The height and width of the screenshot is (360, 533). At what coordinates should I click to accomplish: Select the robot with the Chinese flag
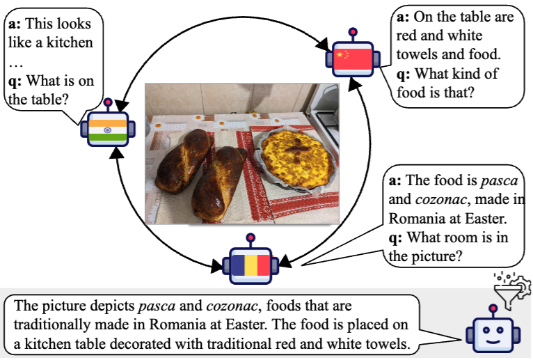coord(352,59)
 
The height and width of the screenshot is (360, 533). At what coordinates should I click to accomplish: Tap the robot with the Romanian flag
coord(249,264)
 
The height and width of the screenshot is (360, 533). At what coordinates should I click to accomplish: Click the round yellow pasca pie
coord(294,159)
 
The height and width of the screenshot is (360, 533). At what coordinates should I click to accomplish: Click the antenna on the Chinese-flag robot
coord(353,33)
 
